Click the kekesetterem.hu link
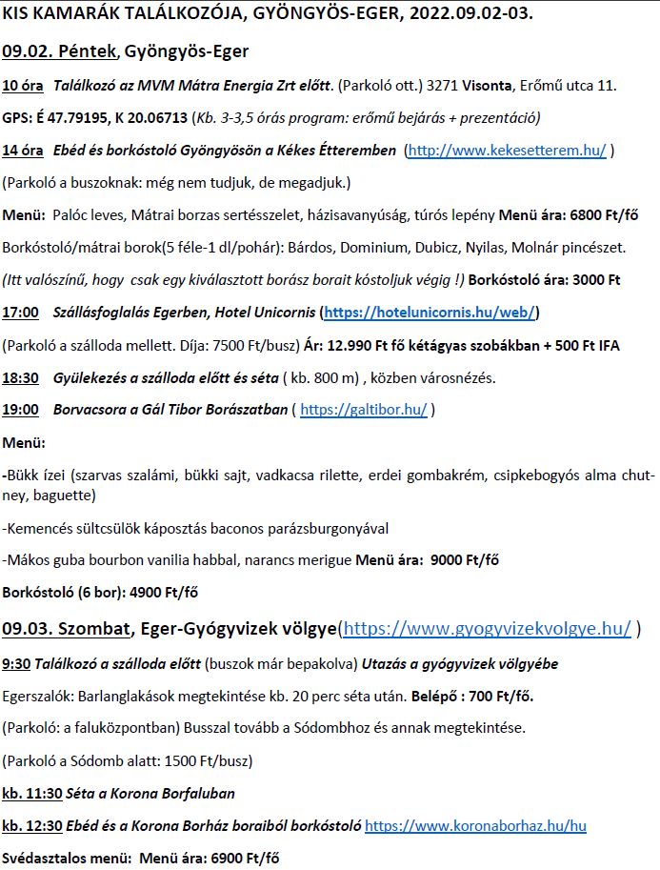(x=508, y=150)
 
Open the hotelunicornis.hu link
(x=430, y=312)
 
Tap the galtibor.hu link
(x=364, y=410)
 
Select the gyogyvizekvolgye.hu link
(x=487, y=628)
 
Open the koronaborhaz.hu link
(x=475, y=825)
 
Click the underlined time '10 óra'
(x=23, y=86)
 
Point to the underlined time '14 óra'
(x=23, y=150)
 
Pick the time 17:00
(x=21, y=312)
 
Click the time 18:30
(x=21, y=377)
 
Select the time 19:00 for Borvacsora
(x=21, y=410)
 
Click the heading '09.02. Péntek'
(x=60, y=51)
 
